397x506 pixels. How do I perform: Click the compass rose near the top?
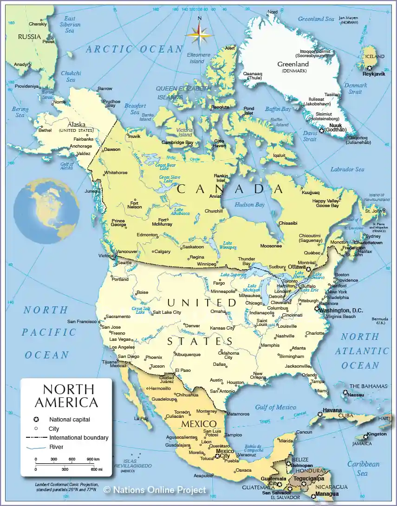click(x=199, y=34)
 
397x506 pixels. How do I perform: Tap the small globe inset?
click(x=46, y=211)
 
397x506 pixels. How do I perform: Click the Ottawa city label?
click(x=296, y=267)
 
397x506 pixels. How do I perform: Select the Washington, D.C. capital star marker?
click(x=317, y=309)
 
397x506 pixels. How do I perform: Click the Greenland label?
click(x=293, y=64)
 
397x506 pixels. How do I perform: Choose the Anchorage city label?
click(x=80, y=146)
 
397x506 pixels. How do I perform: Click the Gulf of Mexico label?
click(x=275, y=408)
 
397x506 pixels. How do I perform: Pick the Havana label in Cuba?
click(x=333, y=410)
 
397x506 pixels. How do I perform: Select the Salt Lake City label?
click(x=167, y=312)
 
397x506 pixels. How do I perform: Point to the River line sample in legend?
click(x=37, y=448)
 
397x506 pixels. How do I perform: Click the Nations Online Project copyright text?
click(x=154, y=490)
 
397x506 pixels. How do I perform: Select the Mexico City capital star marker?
click(x=217, y=456)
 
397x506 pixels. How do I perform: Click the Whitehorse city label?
click(x=116, y=173)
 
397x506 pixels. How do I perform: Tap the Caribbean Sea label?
click(x=364, y=468)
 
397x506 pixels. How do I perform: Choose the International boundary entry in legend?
click(x=78, y=438)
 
